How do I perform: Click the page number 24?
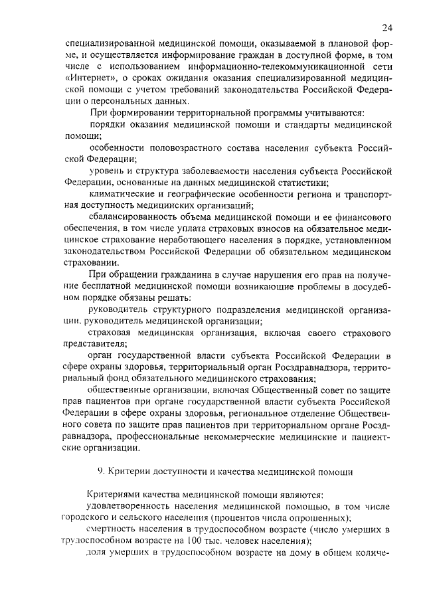pyautogui.click(x=388, y=27)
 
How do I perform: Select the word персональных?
pyautogui.click(x=122, y=101)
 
